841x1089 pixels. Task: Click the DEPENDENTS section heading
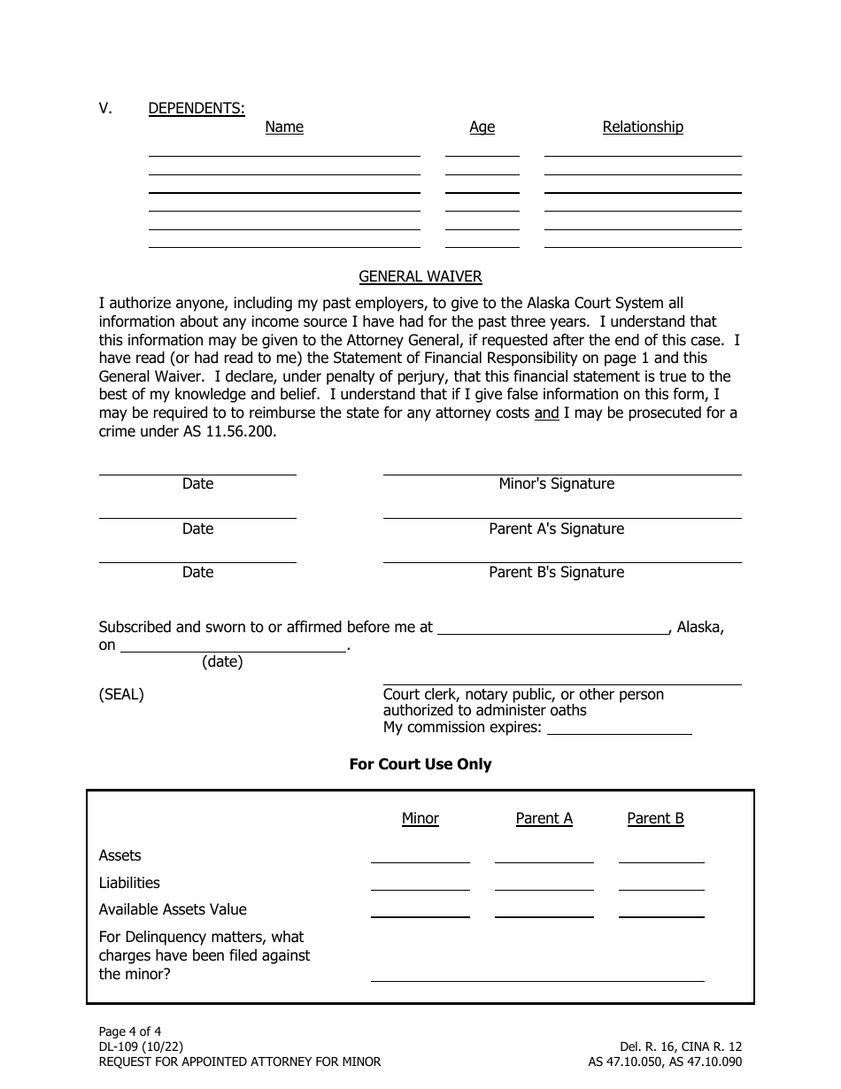pyautogui.click(x=197, y=108)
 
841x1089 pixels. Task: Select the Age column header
pyautogui.click(x=482, y=127)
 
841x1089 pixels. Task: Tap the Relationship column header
pyautogui.click(x=643, y=127)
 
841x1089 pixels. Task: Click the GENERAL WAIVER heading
pyautogui.click(x=420, y=276)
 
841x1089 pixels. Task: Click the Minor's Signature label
pyautogui.click(x=556, y=483)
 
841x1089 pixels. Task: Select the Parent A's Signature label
pyautogui.click(x=556, y=529)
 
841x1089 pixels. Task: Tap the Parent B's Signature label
pyautogui.click(x=556, y=572)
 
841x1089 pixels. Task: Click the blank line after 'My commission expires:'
pyautogui.click(x=620, y=730)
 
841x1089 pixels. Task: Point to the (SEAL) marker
pyautogui.click(x=121, y=694)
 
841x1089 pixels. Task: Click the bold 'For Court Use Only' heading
pyautogui.click(x=420, y=764)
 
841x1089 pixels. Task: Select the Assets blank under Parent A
pyautogui.click(x=544, y=857)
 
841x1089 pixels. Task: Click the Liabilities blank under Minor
pyautogui.click(x=420, y=884)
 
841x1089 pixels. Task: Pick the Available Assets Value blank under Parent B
pyautogui.click(x=661, y=911)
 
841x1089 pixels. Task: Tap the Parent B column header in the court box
pyautogui.click(x=655, y=818)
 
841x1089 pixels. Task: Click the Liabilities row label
pyautogui.click(x=129, y=883)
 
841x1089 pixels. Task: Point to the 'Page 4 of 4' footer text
pyautogui.click(x=130, y=1031)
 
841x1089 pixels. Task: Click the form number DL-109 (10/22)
pyautogui.click(x=142, y=1046)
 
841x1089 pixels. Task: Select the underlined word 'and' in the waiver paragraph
pyautogui.click(x=546, y=413)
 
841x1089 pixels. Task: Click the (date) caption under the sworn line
pyautogui.click(x=222, y=661)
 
